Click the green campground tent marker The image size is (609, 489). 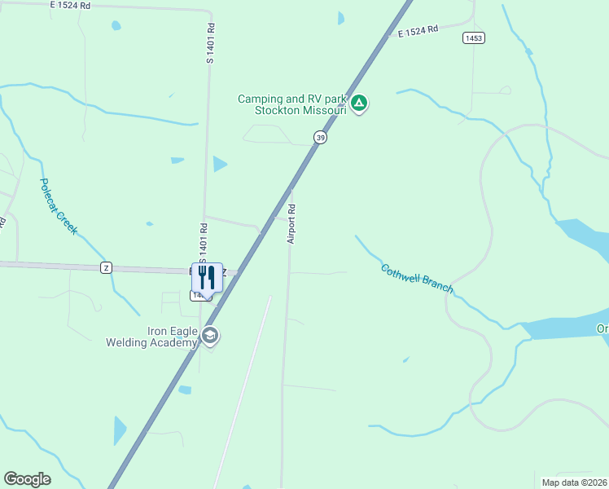[360, 104]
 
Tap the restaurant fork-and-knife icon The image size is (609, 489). [207, 277]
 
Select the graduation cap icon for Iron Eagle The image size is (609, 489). [210, 336]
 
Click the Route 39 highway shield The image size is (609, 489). [321, 139]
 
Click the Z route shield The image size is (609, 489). [106, 267]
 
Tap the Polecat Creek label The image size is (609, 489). [58, 207]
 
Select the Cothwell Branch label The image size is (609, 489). [416, 279]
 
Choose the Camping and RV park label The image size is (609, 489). [291, 99]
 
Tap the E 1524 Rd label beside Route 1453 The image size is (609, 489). [418, 30]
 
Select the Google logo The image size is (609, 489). [27, 479]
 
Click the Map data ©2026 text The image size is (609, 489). [574, 482]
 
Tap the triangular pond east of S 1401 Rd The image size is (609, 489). [218, 164]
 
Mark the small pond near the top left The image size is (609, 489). [116, 26]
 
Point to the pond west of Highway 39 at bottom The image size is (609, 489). [120, 429]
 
